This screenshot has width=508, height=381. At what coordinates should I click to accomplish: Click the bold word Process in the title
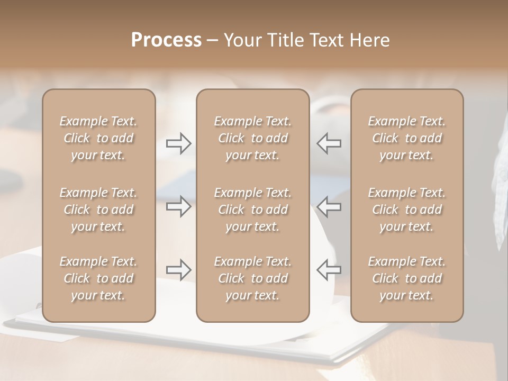(166, 40)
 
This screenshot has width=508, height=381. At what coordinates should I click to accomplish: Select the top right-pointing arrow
(179, 143)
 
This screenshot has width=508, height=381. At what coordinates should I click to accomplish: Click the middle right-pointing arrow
(179, 206)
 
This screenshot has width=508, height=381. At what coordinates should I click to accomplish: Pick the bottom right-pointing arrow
(179, 270)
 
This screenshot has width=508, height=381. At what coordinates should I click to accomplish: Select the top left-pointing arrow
(329, 143)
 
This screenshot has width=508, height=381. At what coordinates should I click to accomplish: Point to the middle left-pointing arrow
(329, 206)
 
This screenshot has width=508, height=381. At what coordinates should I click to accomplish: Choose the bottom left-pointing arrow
(329, 270)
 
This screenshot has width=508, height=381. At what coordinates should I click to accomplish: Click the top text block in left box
(98, 138)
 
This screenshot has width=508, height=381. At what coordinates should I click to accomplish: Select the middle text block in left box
(98, 210)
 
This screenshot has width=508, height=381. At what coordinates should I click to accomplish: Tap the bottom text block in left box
(98, 278)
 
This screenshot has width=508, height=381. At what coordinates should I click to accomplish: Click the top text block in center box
(252, 138)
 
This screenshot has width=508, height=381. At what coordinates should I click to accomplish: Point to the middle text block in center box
(252, 210)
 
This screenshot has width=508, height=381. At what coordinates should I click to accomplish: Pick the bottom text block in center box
(252, 278)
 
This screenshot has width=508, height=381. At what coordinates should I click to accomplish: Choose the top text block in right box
(406, 138)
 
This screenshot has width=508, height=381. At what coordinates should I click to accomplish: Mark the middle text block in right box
(406, 210)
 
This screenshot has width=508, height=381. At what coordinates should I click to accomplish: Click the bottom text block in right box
(406, 278)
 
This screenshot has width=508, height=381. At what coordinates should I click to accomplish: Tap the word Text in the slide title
(327, 40)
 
